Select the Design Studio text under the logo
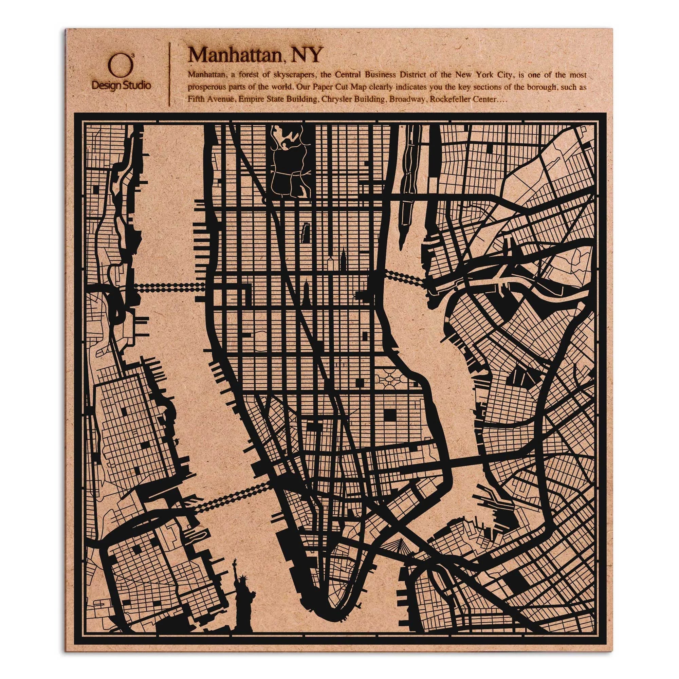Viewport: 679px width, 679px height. tap(121, 86)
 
